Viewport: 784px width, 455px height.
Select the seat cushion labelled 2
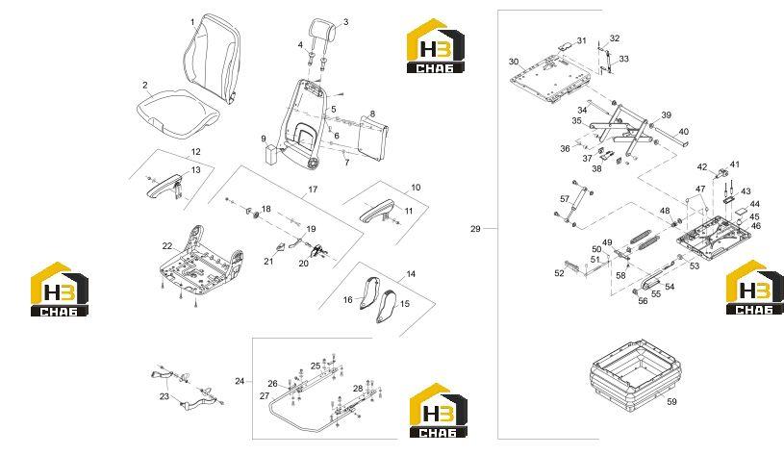pos(178,113)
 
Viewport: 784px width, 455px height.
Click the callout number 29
pos(475,229)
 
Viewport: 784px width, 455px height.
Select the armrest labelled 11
pos(377,209)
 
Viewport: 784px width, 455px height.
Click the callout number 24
pos(240,382)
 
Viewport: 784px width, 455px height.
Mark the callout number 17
pos(313,190)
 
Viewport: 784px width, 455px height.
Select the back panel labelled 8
pos(373,137)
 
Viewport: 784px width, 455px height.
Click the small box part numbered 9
pos(272,155)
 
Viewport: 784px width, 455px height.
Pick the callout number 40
pos(684,132)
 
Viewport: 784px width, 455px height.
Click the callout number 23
pos(164,397)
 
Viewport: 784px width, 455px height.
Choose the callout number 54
pos(670,287)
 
